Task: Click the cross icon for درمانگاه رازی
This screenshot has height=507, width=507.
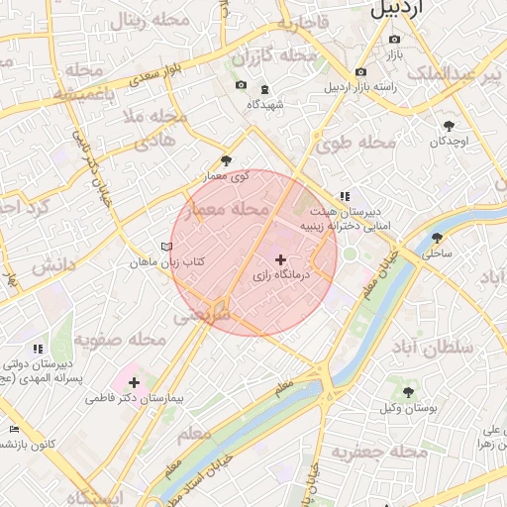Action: click(x=280, y=259)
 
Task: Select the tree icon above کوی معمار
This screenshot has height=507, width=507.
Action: click(x=227, y=160)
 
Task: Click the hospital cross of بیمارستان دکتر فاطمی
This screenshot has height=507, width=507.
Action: click(x=135, y=381)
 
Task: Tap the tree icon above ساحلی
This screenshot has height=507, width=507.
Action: click(x=437, y=238)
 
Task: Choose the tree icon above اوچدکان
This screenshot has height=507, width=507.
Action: click(x=449, y=125)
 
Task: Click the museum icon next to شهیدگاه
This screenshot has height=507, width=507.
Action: click(x=264, y=89)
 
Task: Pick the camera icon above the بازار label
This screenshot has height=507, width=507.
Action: click(x=394, y=39)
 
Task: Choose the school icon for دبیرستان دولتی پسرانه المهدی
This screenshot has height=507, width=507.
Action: click(x=38, y=349)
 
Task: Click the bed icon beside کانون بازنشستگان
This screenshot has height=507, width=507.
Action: click(x=12, y=429)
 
